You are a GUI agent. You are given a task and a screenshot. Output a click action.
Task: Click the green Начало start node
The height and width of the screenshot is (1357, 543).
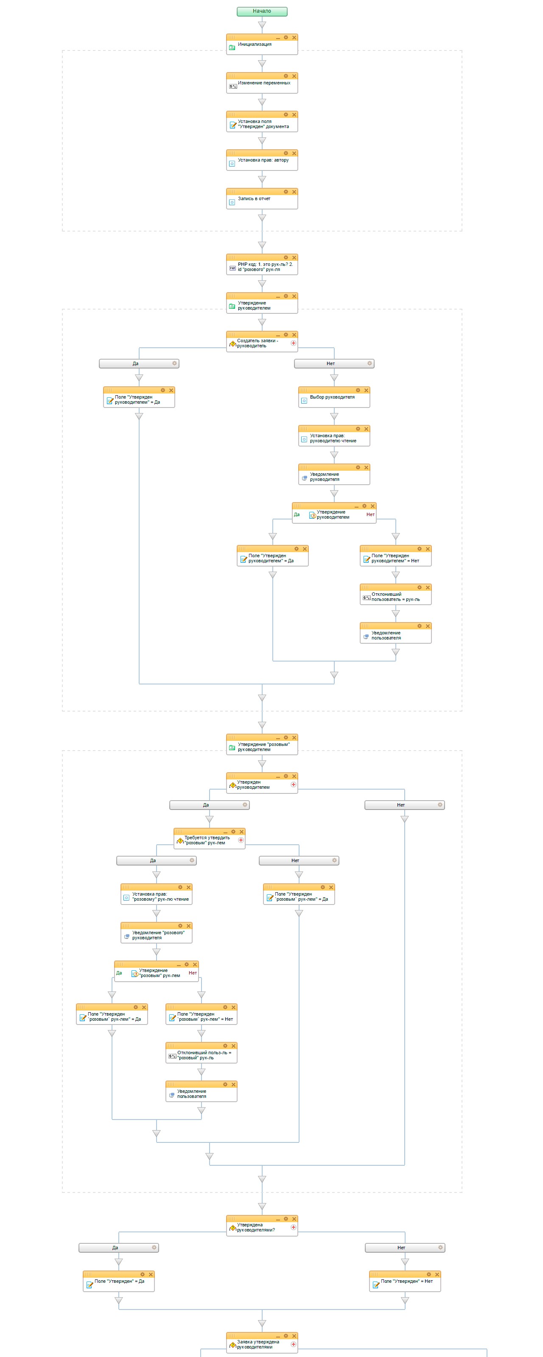(x=262, y=11)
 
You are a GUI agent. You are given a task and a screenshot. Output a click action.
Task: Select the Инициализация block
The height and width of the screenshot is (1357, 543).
(x=262, y=44)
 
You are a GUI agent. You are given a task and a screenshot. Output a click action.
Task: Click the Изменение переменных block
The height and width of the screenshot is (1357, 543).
(x=262, y=83)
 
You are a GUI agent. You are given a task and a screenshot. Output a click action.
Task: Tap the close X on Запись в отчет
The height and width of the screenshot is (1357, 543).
(x=294, y=192)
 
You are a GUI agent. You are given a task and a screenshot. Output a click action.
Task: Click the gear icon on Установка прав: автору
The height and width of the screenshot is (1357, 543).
(x=286, y=153)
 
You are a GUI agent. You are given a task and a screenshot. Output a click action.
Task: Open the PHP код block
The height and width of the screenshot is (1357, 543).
(x=262, y=265)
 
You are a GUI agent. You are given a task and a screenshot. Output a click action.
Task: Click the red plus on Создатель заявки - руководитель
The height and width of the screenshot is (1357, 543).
(x=294, y=343)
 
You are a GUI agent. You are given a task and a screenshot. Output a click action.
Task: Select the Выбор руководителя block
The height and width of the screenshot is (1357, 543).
(x=334, y=397)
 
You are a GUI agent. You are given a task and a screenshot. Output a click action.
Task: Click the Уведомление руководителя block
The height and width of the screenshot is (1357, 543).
(x=334, y=474)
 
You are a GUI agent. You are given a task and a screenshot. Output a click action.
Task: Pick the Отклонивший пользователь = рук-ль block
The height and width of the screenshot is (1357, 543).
(x=395, y=594)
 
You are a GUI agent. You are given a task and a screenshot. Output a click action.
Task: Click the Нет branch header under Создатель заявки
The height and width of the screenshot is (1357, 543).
(x=334, y=363)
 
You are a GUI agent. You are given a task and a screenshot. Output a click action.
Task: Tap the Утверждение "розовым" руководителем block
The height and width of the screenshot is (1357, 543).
(x=262, y=744)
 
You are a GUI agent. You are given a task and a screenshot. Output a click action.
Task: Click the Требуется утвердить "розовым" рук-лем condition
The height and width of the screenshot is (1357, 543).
(x=209, y=838)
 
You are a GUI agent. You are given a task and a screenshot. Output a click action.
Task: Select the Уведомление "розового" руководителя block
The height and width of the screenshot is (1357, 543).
(x=157, y=933)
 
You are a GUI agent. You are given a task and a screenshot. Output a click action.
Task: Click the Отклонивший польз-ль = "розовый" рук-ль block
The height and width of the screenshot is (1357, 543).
(x=202, y=1053)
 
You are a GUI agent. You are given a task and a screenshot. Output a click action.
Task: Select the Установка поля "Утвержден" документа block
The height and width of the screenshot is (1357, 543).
(x=262, y=121)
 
